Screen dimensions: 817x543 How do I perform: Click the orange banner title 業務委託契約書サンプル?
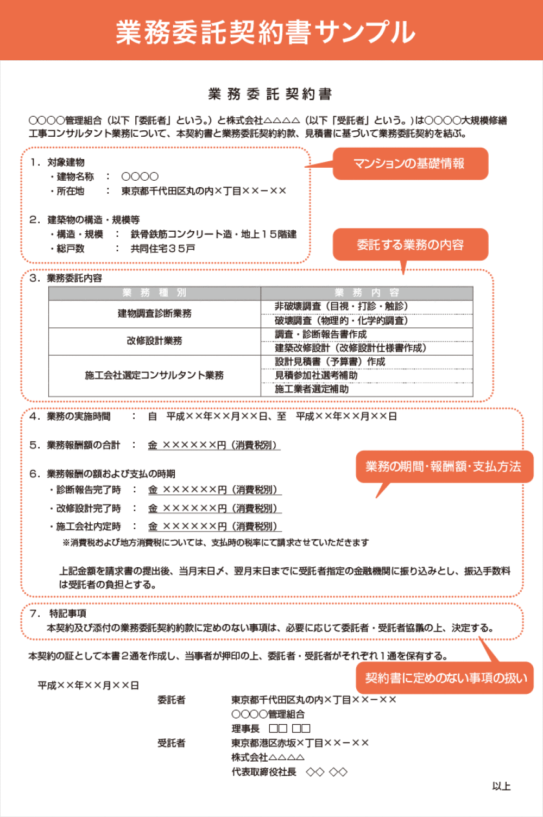266,31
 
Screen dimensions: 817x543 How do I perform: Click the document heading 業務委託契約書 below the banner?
270,94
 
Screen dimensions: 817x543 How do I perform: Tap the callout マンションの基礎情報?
409,163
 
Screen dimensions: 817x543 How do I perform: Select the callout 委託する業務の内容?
410,245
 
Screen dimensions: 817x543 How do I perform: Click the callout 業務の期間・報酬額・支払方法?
444,467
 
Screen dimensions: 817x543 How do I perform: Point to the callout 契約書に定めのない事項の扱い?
446,678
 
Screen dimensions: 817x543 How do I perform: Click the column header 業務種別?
154,293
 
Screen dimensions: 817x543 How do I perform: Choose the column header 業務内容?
367,293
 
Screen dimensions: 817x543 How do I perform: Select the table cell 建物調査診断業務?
154,314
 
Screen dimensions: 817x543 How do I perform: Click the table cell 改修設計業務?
154,341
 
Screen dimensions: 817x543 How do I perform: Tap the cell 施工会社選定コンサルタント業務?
154,375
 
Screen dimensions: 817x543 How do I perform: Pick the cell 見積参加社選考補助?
316,375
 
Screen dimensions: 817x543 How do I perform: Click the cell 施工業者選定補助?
312,389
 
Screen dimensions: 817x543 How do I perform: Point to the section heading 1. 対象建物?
58,162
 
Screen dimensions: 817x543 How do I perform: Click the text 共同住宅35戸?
163,249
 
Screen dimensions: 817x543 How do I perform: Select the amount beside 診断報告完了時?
214,490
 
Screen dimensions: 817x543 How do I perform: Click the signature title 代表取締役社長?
264,772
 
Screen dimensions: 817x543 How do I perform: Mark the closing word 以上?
501,786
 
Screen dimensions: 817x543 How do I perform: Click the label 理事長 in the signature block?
245,729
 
